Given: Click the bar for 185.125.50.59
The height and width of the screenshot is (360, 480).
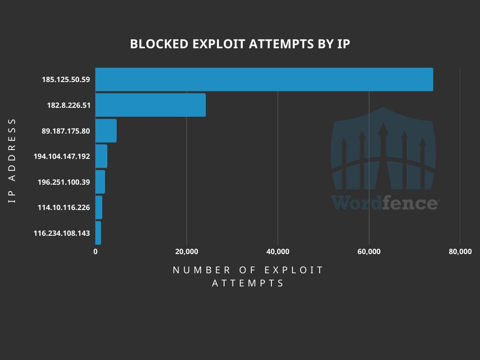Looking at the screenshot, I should pos(264,79).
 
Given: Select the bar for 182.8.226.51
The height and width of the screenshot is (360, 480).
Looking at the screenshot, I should pos(150,105).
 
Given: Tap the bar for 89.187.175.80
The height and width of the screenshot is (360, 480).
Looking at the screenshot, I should pos(106,131).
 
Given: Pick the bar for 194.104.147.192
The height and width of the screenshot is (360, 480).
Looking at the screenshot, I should pos(101,156).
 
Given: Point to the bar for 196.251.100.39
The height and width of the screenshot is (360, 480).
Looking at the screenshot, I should pos(100,182).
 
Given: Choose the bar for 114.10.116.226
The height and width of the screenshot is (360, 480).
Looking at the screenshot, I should pos(98,207).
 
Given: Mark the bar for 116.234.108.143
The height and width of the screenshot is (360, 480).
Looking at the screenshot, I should pos(98,233).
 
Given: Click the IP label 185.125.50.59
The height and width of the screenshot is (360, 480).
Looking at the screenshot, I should pos(66,80).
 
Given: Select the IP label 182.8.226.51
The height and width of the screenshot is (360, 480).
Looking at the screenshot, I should pos(68,105).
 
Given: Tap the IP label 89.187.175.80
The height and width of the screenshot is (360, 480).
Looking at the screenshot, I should pos(66,131).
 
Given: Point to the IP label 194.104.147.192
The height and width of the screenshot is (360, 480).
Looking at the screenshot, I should pos(62,157).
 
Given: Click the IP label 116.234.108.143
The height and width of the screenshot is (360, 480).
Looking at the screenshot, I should pos(62,233).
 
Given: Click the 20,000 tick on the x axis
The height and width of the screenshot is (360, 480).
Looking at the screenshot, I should pos(187,252).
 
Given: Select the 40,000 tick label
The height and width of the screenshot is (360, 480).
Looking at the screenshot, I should pos(277,252).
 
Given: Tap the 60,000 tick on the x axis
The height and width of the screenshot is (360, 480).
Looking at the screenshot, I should pos(369,252).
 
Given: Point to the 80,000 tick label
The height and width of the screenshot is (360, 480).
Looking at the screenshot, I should pos(460,252).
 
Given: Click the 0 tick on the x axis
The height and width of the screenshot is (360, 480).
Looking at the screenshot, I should pos(96,252).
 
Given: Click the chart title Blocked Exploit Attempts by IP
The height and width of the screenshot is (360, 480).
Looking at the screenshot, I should pos(240,44).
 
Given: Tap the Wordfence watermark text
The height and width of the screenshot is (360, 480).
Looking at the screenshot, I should pos(384,203).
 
